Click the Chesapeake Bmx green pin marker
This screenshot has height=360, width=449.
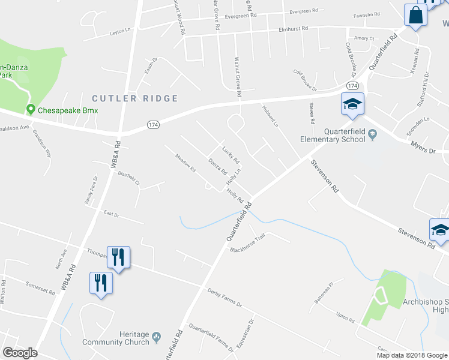pyautogui.click(x=31, y=110)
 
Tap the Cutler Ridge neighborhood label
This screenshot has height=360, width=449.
pyautogui.click(x=135, y=98)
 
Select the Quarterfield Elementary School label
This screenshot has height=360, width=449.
pyautogui.click(x=333, y=136)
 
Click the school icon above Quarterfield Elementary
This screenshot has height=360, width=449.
pyautogui.click(x=352, y=104)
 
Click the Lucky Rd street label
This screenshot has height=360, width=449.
pyautogui.click(x=231, y=155)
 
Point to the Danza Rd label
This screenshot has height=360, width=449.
pyautogui.click(x=217, y=167)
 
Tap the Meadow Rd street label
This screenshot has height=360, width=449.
pyautogui.click(x=185, y=164)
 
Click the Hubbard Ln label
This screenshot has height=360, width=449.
pyautogui.click(x=270, y=115)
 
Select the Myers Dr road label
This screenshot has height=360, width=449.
pyautogui.click(x=423, y=147)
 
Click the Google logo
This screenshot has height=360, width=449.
pyautogui.click(x=20, y=353)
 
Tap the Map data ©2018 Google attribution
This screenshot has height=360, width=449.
pyautogui.click(x=411, y=355)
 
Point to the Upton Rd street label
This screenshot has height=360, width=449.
pyautogui.click(x=346, y=317)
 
